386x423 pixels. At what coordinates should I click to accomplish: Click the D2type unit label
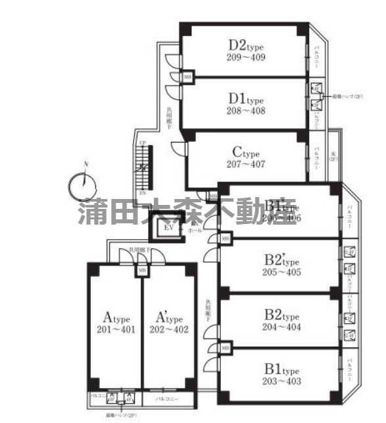pos(247,45)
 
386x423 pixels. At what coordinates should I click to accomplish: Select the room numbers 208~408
pos(247,110)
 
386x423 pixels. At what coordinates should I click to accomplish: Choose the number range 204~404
pos(282,326)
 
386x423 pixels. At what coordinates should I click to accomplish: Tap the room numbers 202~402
pos(168,329)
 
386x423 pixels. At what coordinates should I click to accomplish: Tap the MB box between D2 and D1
pos(187,76)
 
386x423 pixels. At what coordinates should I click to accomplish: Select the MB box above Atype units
pos(141,270)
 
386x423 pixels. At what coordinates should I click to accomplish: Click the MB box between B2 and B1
pos(226,347)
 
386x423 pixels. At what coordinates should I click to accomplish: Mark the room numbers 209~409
pos(247,57)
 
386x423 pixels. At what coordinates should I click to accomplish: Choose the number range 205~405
pos(282,272)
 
